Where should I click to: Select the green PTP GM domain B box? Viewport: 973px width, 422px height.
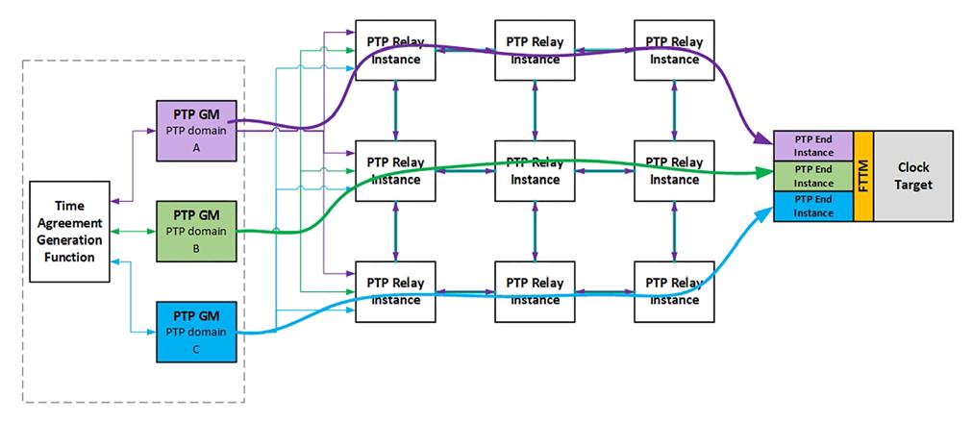[x=196, y=230]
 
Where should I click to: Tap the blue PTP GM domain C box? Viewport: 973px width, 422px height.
[x=196, y=330]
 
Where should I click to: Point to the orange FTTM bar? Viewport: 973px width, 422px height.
[x=862, y=176]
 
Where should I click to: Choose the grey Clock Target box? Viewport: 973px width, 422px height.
[x=913, y=176]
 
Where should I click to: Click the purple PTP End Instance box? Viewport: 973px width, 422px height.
[x=813, y=145]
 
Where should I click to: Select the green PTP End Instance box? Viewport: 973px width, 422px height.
[x=813, y=176]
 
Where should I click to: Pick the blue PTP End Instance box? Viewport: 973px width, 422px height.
[x=813, y=206]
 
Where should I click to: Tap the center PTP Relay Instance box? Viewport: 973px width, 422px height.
[x=535, y=170]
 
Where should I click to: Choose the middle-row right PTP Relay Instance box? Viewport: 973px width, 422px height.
[x=673, y=170]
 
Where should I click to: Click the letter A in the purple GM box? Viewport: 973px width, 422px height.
[x=196, y=148]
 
